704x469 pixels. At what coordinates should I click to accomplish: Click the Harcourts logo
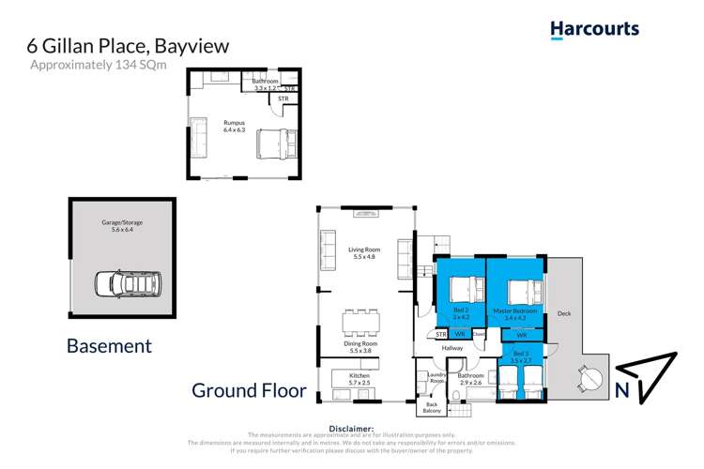pos(594,29)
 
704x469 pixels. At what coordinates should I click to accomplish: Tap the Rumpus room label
pos(233,127)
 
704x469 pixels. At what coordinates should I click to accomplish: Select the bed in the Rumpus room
pos(275,144)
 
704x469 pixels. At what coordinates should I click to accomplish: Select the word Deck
pos(563,313)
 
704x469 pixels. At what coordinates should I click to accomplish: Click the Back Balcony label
pos(432,407)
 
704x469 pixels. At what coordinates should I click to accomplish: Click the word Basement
pos(109,345)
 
